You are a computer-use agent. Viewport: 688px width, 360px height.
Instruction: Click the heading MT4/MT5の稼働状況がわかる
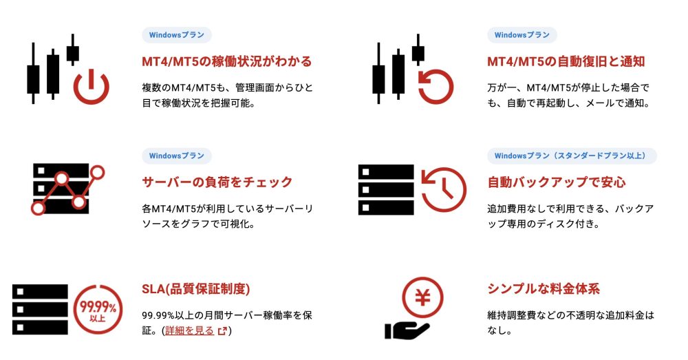226,61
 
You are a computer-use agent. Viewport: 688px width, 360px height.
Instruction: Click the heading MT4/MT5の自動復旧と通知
566,61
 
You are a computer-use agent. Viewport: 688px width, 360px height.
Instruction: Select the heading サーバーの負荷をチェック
217,182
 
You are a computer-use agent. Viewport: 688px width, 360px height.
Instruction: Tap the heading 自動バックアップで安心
557,182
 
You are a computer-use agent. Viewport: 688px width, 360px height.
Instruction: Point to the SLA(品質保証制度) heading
195,289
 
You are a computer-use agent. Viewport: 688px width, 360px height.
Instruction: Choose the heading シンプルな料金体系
544,289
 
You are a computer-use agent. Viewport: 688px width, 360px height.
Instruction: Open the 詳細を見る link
190,330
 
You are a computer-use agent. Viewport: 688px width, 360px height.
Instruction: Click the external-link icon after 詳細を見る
222,330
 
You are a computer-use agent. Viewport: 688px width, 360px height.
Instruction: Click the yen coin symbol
423,298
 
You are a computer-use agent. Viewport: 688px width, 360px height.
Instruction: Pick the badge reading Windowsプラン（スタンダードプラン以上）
572,156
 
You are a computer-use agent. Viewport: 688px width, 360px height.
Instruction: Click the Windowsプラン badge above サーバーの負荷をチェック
177,156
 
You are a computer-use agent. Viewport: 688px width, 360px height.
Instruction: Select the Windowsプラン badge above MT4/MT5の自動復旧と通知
522,35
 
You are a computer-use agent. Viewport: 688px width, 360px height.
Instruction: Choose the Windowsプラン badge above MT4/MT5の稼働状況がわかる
177,35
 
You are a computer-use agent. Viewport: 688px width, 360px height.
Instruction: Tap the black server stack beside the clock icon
386,190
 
